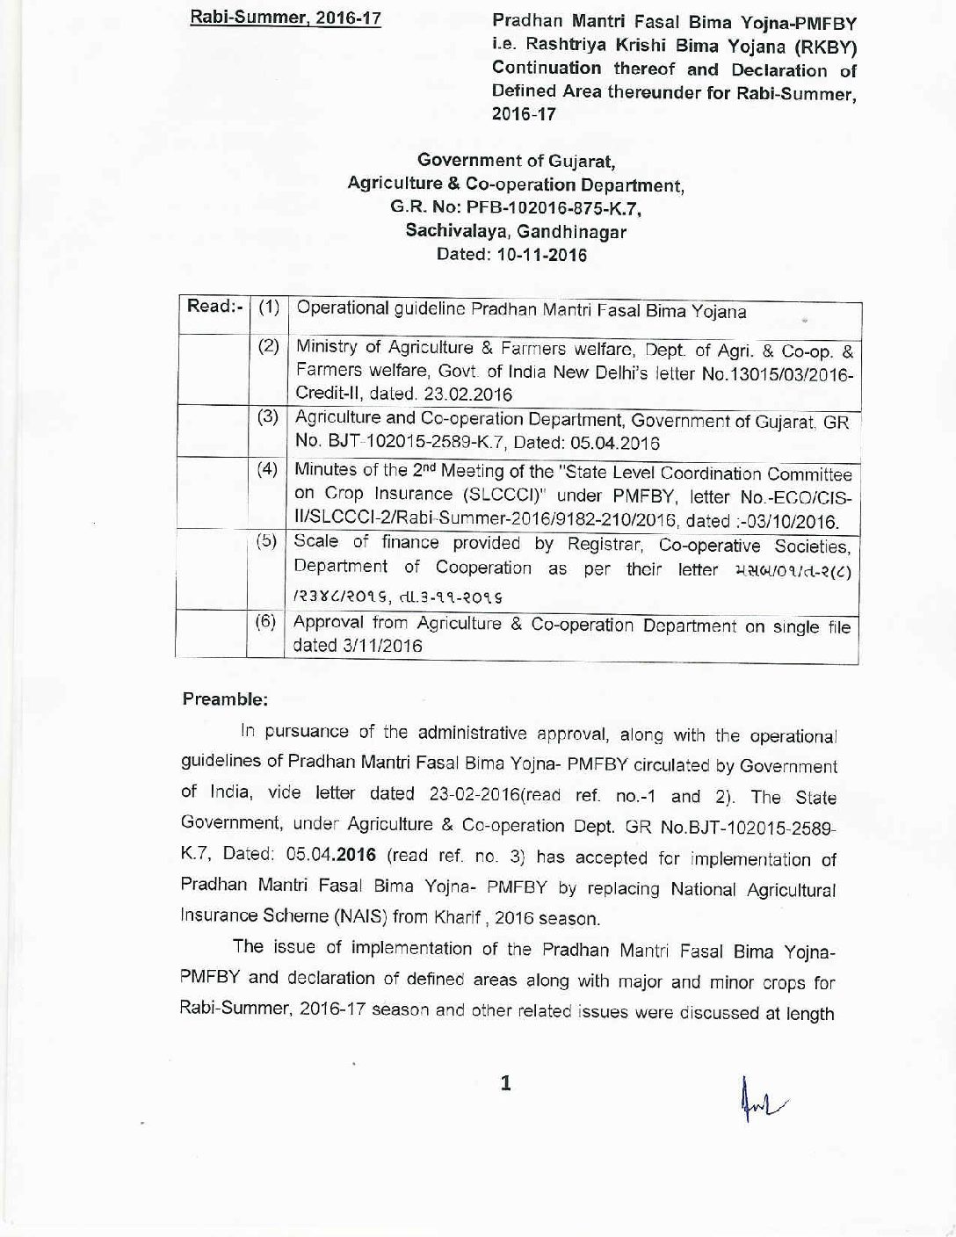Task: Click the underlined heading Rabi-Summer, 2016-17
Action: [x=286, y=17]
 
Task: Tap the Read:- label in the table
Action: [x=212, y=307]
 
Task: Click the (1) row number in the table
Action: [x=269, y=307]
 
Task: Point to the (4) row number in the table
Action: [x=268, y=469]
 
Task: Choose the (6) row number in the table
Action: [x=266, y=622]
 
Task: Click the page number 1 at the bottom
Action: [x=505, y=1084]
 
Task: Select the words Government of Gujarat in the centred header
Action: [x=516, y=161]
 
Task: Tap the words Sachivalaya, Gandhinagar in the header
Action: [x=516, y=232]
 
